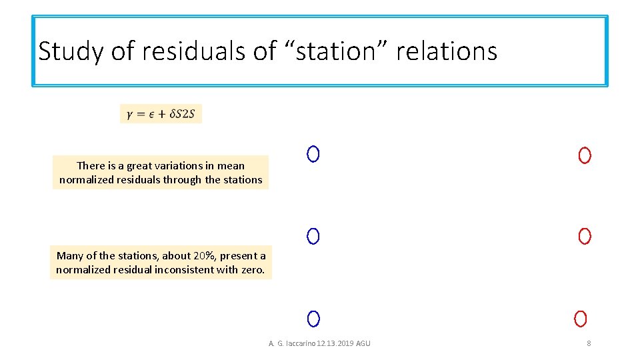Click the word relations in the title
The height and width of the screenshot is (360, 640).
[447, 51]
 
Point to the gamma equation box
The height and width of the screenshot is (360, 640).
[161, 114]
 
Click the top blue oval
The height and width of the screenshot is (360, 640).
[313, 154]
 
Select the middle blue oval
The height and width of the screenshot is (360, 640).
[313, 236]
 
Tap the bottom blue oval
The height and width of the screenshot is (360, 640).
[314, 319]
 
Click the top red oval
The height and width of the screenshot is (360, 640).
[585, 156]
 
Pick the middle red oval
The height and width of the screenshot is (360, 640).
[585, 236]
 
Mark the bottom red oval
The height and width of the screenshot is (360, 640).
[581, 319]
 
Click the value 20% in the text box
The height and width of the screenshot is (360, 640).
[204, 256]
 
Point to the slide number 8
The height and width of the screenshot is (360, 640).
[589, 343]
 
